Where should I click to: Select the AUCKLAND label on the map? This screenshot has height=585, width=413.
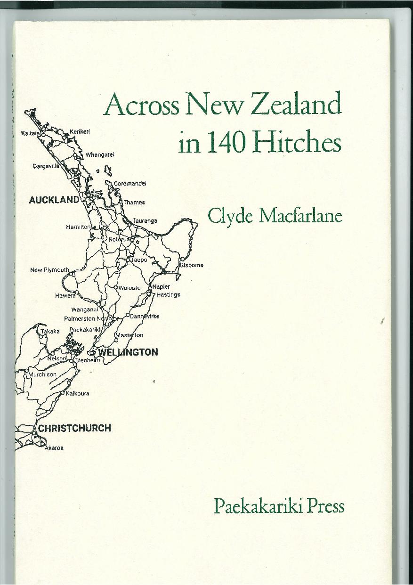click(x=54, y=200)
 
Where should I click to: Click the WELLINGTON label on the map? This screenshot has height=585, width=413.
click(x=128, y=352)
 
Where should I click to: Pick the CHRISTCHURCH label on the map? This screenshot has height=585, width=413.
click(x=74, y=428)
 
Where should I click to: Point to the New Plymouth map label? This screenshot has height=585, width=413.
click(x=49, y=270)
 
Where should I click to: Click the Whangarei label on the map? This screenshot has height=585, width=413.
click(x=100, y=154)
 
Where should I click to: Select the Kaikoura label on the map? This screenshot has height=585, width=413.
click(x=77, y=393)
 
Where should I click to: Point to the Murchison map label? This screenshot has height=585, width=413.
click(x=42, y=374)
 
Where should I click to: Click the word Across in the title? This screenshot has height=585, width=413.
click(x=142, y=105)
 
